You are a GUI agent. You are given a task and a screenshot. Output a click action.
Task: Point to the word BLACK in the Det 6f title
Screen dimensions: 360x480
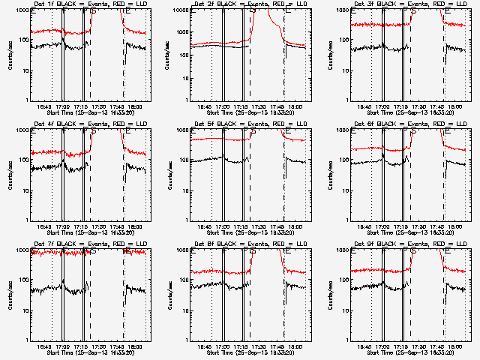point(384,124)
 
